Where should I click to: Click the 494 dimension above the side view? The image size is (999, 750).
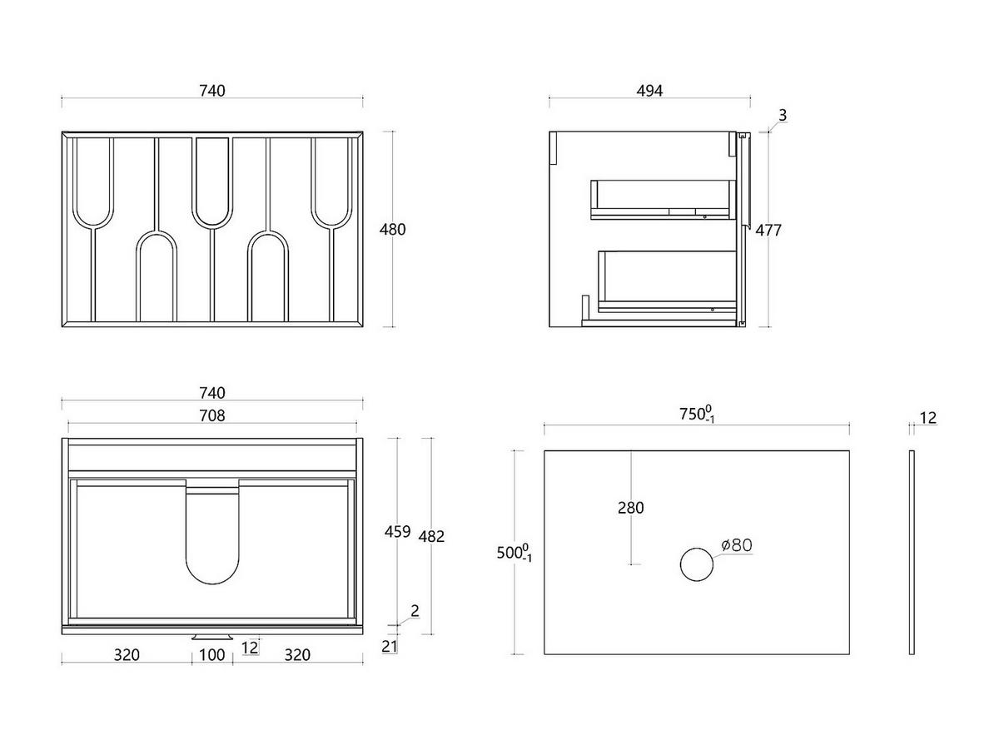[649, 91]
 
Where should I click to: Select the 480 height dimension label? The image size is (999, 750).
[392, 230]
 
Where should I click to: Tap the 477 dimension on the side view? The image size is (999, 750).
[768, 231]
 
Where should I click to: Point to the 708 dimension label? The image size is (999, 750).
[212, 415]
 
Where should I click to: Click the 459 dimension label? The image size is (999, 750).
[397, 532]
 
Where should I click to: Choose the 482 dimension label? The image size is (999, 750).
[431, 537]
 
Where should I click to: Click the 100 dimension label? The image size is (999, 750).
[212, 655]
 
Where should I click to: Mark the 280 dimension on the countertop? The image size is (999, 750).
[630, 508]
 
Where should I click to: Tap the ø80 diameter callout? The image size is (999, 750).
[737, 544]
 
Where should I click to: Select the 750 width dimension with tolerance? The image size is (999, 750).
[697, 415]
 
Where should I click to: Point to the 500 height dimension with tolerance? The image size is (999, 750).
[514, 553]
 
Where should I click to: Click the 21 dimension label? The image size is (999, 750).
[390, 646]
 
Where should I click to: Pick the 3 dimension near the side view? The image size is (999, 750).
[783, 115]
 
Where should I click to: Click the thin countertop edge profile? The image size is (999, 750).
[912, 553]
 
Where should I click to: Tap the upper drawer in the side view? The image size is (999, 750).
[664, 200]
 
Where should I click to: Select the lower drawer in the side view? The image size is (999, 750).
[668, 281]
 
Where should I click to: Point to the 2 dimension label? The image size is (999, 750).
[415, 611]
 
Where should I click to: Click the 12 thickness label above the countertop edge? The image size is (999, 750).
[928, 417]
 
